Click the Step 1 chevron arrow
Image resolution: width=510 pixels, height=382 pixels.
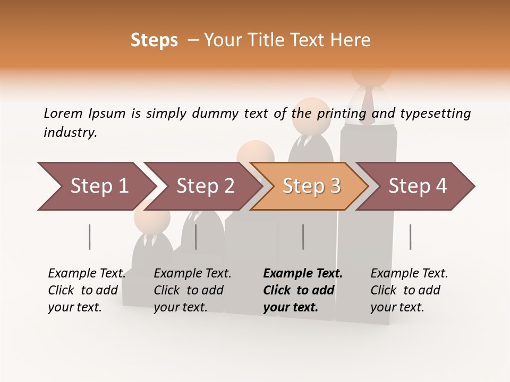click(98, 186)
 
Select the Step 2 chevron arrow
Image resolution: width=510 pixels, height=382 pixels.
click(205, 186)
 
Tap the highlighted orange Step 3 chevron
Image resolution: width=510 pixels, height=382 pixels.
click(311, 186)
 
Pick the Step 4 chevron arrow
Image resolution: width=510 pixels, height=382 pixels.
click(417, 186)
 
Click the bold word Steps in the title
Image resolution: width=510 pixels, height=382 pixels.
click(154, 40)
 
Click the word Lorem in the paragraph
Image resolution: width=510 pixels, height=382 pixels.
click(63, 113)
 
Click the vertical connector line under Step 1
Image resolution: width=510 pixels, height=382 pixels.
click(89, 237)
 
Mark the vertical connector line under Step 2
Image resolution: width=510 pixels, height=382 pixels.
click(196, 237)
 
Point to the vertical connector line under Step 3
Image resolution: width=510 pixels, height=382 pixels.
click(303, 237)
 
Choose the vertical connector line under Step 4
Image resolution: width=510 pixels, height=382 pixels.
click(410, 237)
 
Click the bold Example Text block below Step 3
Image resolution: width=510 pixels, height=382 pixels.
click(303, 290)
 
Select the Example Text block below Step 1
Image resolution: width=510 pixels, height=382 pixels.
click(87, 290)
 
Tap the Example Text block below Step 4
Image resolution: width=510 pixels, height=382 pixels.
click(409, 290)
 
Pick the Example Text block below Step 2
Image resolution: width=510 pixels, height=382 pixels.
click(192, 290)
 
